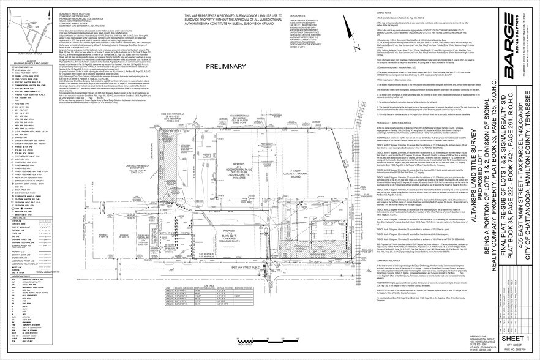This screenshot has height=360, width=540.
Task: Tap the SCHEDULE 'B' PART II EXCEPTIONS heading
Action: pos(77,11)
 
